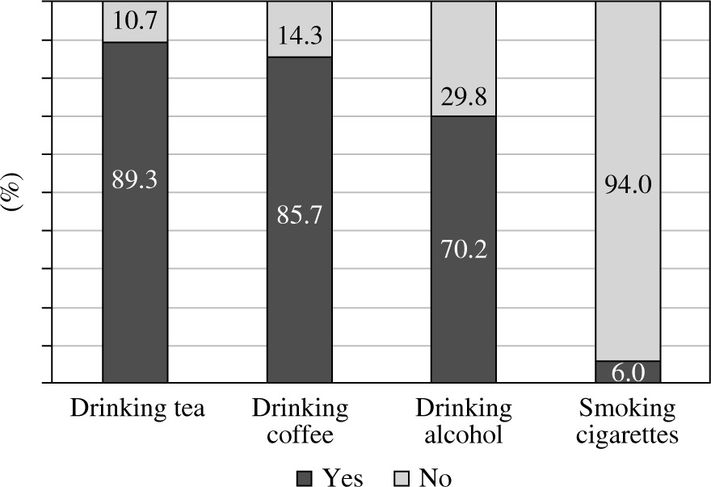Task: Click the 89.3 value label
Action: pos(135,181)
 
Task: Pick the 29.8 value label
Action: pos(464,99)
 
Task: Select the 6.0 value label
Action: pos(628,373)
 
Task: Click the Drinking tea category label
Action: pos(137,409)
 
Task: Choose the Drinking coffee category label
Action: pos(300,422)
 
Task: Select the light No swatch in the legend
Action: pos(404,477)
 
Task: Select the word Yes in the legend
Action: pos(343,477)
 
